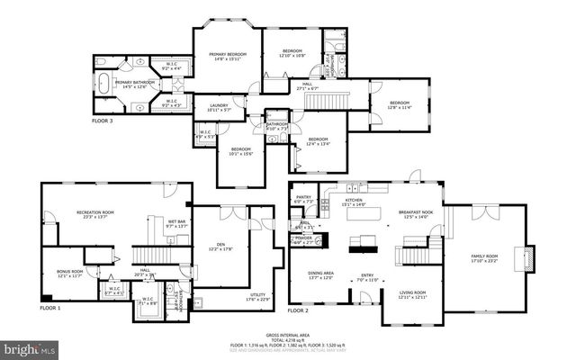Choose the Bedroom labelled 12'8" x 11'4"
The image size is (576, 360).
coord(400,105)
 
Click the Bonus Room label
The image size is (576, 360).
coord(69,273)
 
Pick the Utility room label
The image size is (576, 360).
coord(257,297)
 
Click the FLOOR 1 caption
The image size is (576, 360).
coord(50,308)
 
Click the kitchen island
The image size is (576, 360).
coord(365,241)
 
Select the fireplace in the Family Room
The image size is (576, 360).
coord(530,259)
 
